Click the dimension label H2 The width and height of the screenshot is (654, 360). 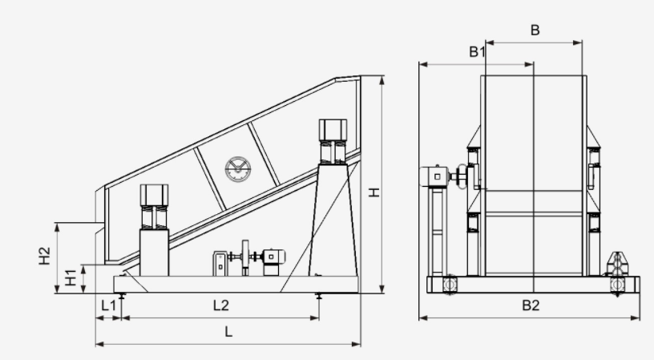[45, 256]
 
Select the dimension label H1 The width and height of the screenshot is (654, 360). [71, 278]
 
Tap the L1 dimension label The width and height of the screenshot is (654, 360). [108, 305]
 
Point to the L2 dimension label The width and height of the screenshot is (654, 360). [221, 305]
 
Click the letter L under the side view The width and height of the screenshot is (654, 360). [228, 332]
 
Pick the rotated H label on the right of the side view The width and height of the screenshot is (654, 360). [374, 192]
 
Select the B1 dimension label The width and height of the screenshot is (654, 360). [477, 52]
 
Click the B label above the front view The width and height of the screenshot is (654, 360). [535, 30]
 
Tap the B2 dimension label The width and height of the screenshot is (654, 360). [531, 305]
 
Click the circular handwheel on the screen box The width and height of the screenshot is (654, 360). [237, 169]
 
